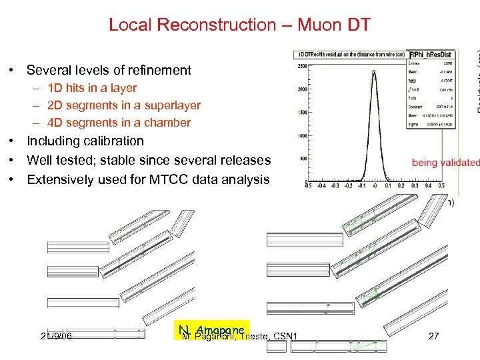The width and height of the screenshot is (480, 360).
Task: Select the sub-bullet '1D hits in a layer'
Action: coord(92,88)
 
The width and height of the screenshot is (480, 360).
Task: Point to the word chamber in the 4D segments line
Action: coord(168,123)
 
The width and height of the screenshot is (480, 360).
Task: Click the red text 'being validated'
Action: coord(445,163)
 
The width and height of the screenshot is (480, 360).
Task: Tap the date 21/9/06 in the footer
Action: coord(56,337)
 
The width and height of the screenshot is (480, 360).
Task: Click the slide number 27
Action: coord(433,337)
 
